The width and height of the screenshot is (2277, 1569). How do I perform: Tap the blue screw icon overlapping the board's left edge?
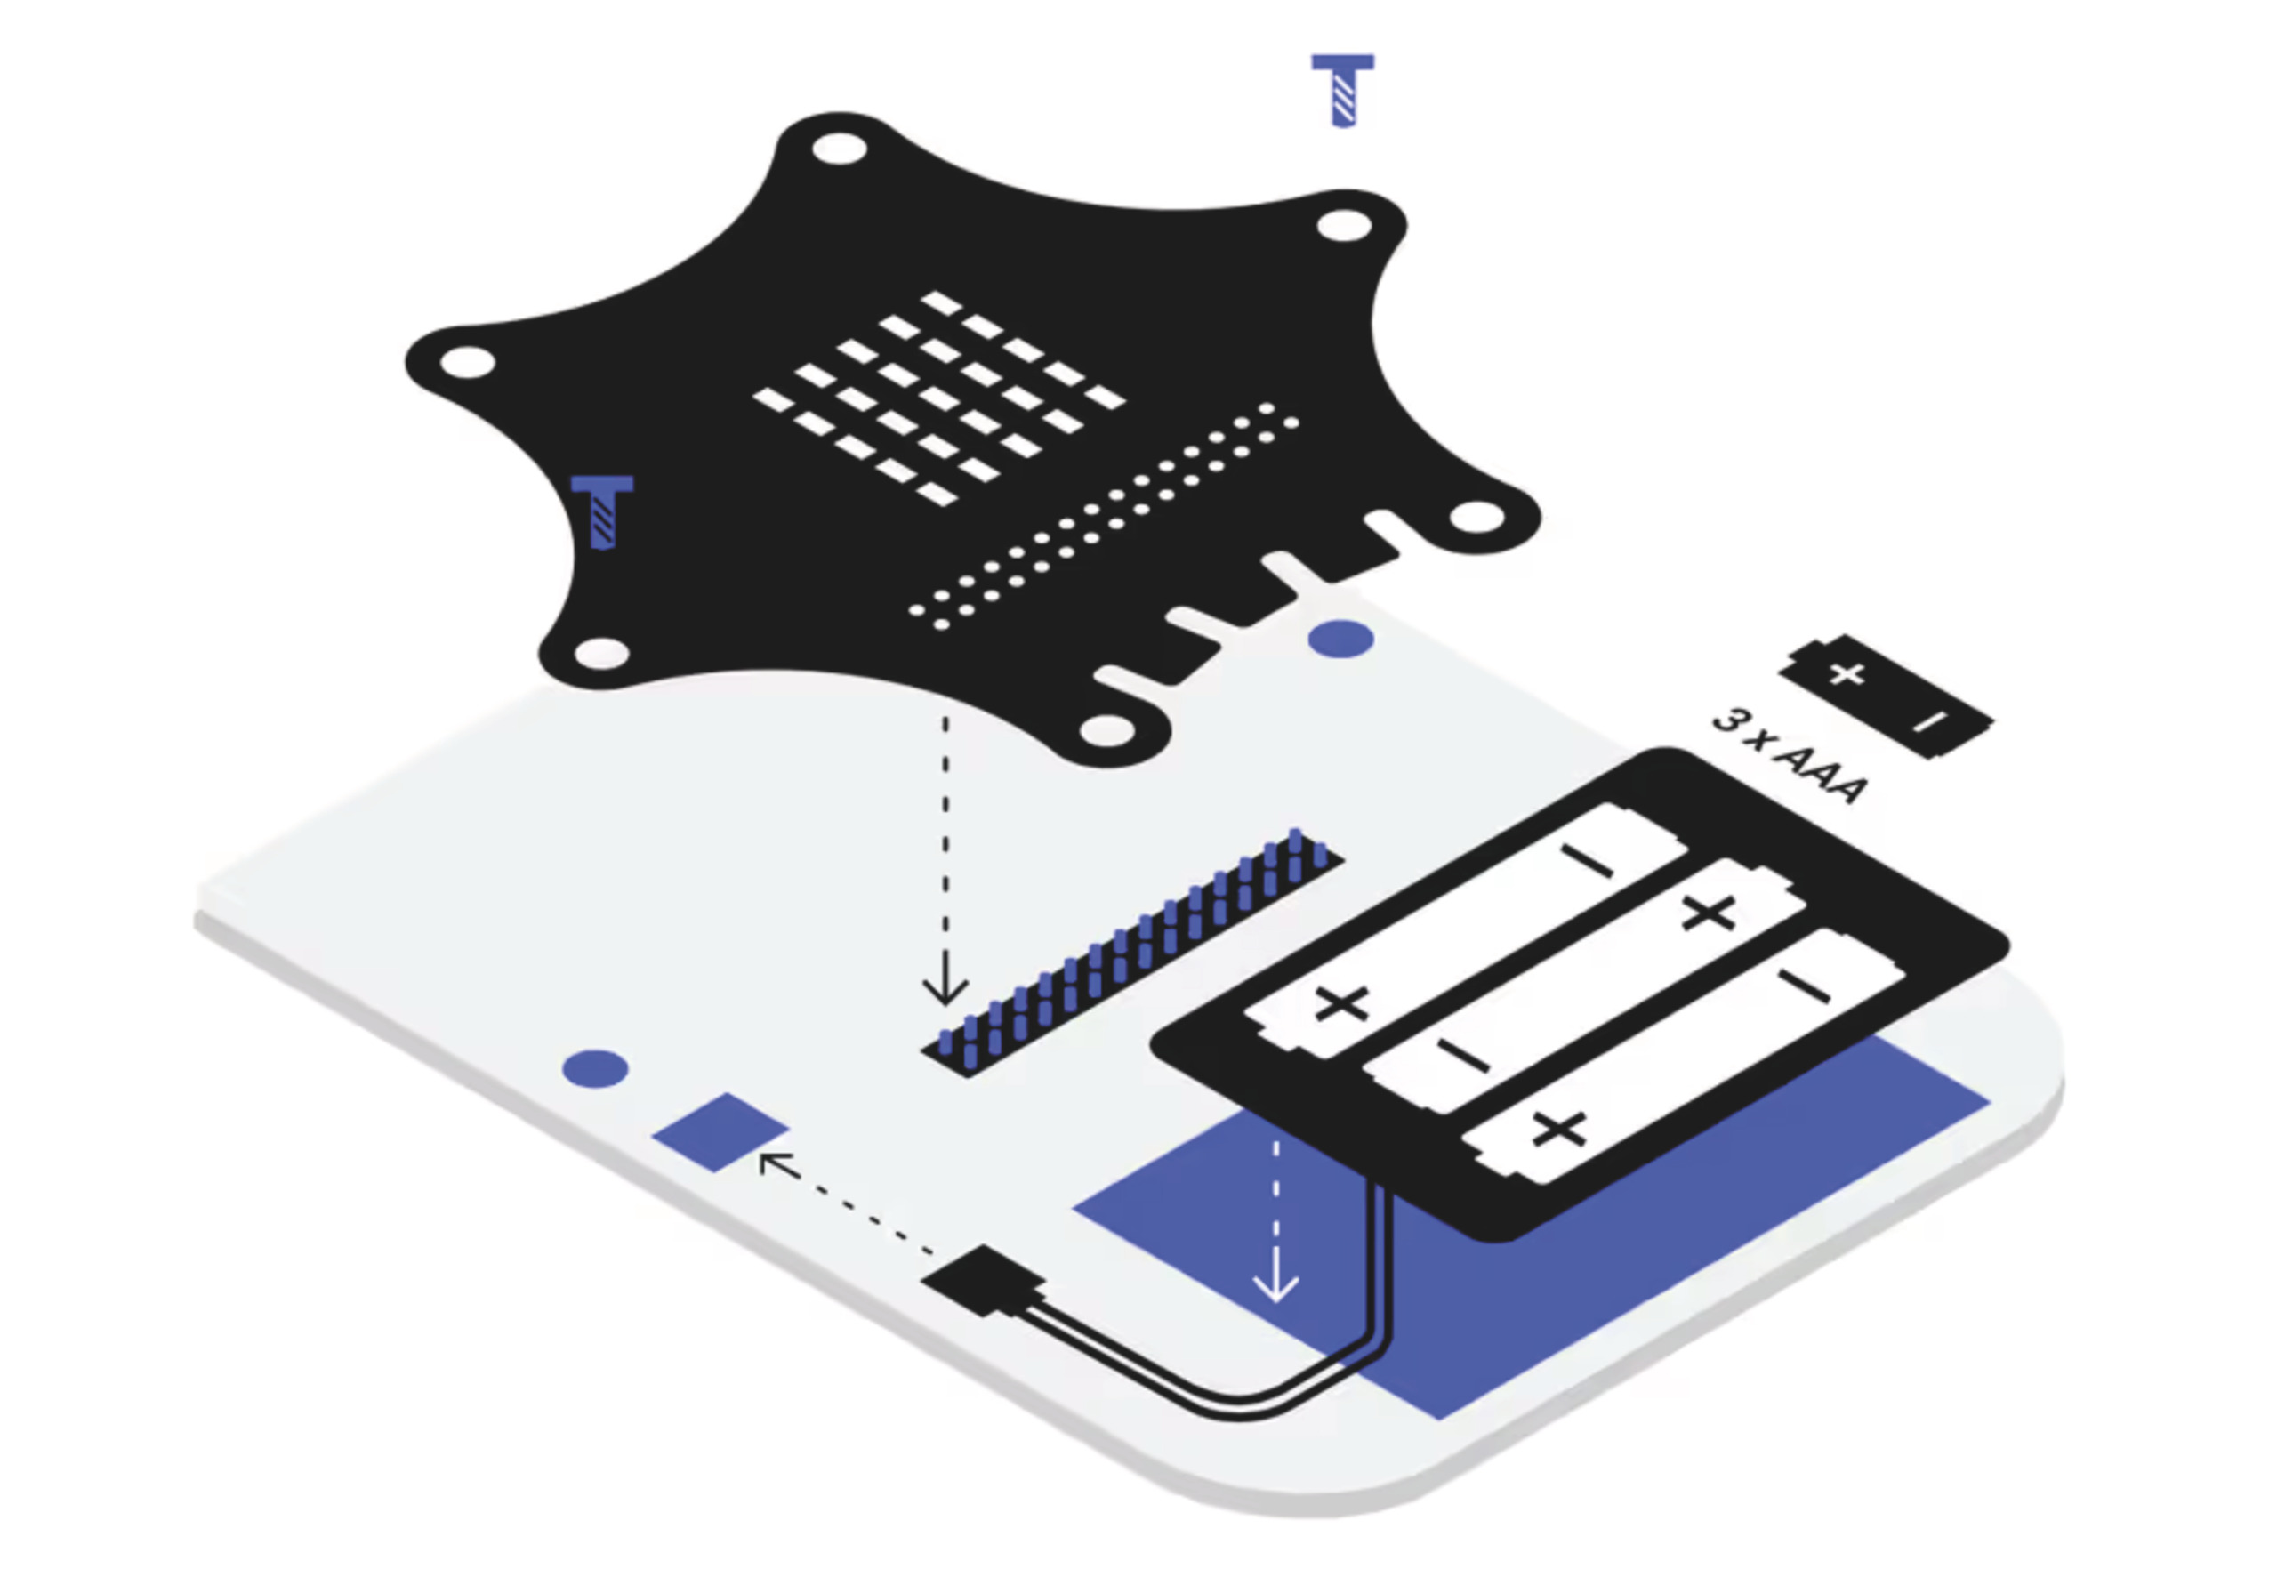601,512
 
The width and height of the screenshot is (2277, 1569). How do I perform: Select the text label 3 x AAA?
1789,755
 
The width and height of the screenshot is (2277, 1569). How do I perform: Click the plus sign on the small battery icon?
1847,674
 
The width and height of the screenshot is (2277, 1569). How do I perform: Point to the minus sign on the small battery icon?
1929,723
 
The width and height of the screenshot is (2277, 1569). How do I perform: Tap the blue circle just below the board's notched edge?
1341,639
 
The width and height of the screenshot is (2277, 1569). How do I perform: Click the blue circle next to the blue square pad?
595,1068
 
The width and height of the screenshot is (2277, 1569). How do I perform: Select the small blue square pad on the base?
720,1131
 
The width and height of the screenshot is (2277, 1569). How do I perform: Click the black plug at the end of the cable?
981,1280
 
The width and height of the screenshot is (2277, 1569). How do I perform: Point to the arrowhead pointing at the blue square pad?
776,1163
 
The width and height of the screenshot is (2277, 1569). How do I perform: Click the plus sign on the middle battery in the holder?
1708,913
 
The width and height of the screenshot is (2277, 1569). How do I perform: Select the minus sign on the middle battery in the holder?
1464,1057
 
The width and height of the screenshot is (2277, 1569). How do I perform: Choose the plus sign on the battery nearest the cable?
1559,1130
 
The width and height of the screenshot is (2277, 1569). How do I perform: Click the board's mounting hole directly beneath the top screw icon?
1343,225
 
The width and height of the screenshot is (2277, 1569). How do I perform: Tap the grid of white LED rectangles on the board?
939,398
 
